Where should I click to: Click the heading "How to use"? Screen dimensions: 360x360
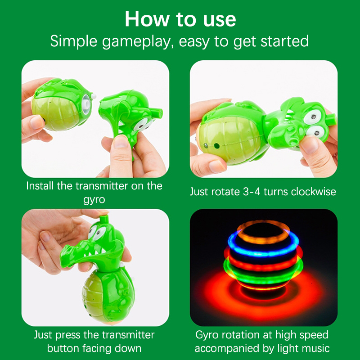pos(180,19)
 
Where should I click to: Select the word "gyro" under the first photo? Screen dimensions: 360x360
pos(94,200)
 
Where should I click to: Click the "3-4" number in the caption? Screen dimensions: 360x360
pos(252,192)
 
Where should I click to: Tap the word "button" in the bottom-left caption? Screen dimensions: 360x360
pos(63,348)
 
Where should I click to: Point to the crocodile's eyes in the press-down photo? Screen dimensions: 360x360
pos(97,232)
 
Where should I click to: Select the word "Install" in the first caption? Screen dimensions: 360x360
pos(40,186)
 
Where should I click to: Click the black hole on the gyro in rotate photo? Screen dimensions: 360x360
pos(217,145)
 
